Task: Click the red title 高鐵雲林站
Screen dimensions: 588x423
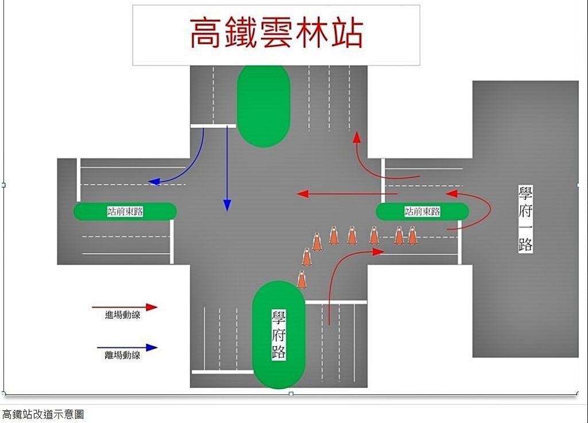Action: [x=276, y=33]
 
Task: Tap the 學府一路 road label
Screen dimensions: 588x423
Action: [x=525, y=219]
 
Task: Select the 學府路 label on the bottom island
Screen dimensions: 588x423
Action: [x=278, y=335]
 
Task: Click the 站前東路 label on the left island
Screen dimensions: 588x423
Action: [x=125, y=211]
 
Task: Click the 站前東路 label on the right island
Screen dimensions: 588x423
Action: [x=422, y=211]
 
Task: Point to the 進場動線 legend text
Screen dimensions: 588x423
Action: [x=123, y=315]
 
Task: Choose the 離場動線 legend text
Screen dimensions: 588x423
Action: [x=123, y=355]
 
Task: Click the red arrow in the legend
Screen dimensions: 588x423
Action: [x=125, y=307]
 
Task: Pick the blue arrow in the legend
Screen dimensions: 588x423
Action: [x=127, y=347]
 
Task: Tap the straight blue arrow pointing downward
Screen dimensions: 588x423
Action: [x=227, y=169]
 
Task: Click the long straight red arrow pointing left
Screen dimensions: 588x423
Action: [x=347, y=193]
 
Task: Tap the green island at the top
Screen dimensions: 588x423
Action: [x=264, y=106]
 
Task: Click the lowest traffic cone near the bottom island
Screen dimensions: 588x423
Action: [x=301, y=280]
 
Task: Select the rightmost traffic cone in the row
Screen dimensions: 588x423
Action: [x=412, y=235]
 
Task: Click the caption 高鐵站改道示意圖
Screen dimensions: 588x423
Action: [x=43, y=414]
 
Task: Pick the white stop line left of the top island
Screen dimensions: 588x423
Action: [x=214, y=126]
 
